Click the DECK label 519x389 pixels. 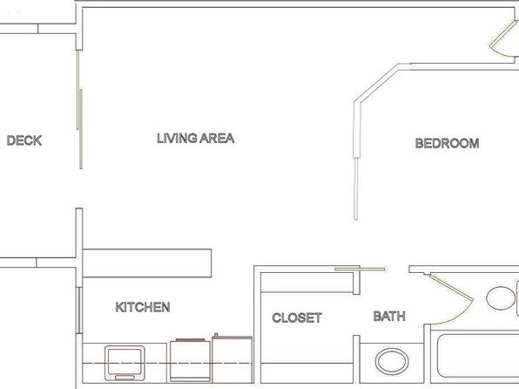click(x=24, y=140)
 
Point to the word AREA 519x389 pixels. click(x=217, y=138)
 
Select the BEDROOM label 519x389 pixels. click(x=448, y=143)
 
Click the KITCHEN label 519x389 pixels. click(x=143, y=307)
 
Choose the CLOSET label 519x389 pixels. click(x=297, y=317)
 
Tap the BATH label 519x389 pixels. click(x=389, y=316)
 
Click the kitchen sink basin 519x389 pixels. click(x=125, y=363)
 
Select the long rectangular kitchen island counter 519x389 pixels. click(x=147, y=263)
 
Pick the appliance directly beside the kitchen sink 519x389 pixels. click(x=190, y=360)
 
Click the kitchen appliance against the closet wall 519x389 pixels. click(x=232, y=358)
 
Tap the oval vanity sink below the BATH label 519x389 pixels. click(x=392, y=361)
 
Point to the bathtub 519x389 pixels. click(x=477, y=356)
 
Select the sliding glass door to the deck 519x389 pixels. click(x=79, y=109)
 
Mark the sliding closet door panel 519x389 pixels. click(x=360, y=269)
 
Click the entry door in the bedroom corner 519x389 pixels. click(x=504, y=38)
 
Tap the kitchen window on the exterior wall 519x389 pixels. click(x=79, y=311)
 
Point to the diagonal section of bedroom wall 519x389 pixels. click(x=377, y=83)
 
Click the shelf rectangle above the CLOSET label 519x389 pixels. click(x=307, y=283)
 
